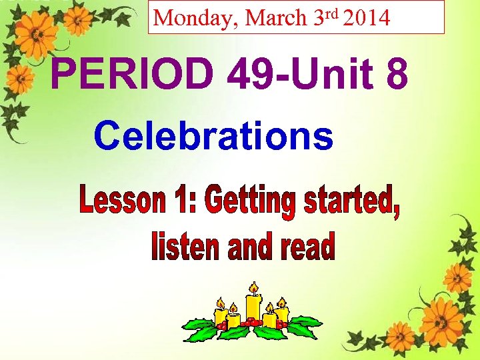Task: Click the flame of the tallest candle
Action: click(253, 287)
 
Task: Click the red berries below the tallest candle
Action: click(251, 324)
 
